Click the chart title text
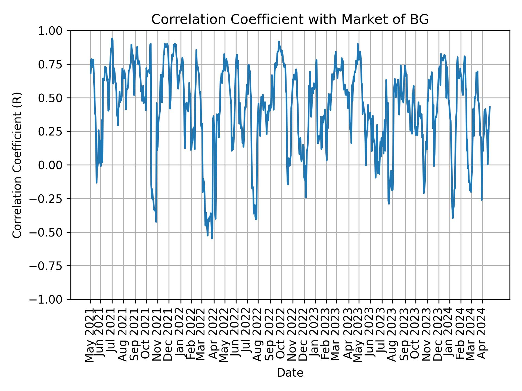(x=290, y=20)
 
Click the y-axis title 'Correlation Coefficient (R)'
(x=17, y=165)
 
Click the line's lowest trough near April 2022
(x=212, y=238)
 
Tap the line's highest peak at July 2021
(x=112, y=39)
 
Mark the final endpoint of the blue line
(x=490, y=107)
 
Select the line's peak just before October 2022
(x=279, y=42)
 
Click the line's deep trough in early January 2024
(x=453, y=217)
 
